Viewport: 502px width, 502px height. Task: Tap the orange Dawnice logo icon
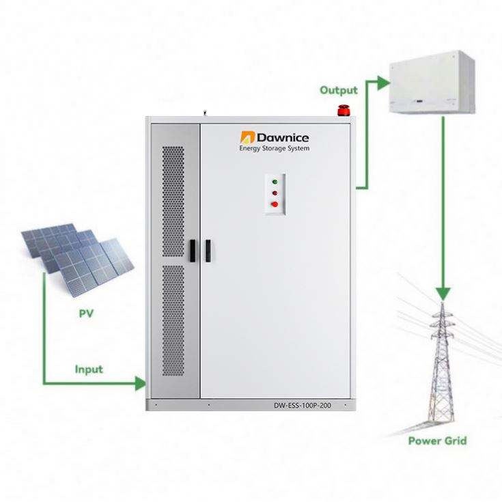pyautogui.click(x=247, y=137)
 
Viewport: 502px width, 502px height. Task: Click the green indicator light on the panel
pyautogui.click(x=275, y=182)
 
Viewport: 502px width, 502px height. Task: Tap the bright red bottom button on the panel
pyautogui.click(x=275, y=203)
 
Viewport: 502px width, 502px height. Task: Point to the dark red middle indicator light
pyautogui.click(x=275, y=193)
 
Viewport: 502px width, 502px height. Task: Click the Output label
pyautogui.click(x=338, y=90)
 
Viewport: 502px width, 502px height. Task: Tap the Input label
pyautogui.click(x=89, y=369)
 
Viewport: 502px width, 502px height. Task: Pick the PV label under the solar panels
pyautogui.click(x=85, y=314)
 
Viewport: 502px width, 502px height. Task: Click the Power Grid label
pyautogui.click(x=437, y=441)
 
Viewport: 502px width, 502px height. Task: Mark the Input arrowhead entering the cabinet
pyautogui.click(x=141, y=382)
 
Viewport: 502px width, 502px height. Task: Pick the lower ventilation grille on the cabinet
pyautogui.click(x=173, y=321)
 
